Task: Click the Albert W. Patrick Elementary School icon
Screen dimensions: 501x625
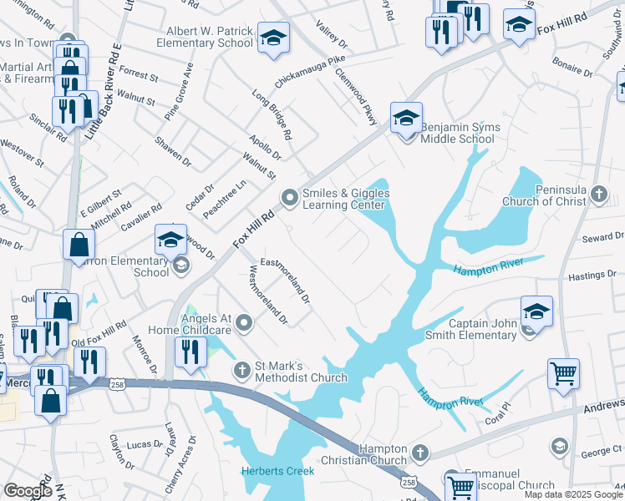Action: pos(272,38)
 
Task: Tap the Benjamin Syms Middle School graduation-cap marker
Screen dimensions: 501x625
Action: pos(406,118)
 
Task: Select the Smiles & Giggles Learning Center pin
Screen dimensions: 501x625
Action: pos(290,198)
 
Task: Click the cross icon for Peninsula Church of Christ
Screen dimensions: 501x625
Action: pos(598,195)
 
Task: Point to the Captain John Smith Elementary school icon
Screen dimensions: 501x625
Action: pos(536,312)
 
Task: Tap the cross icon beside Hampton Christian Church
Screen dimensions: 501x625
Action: pos(419,454)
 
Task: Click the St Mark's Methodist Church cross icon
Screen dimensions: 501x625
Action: pos(241,369)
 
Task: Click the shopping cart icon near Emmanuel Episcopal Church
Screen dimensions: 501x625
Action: pos(460,485)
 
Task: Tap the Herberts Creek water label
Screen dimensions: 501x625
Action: pos(277,471)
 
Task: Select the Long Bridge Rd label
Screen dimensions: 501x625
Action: pos(273,116)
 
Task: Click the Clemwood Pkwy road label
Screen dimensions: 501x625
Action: pos(357,99)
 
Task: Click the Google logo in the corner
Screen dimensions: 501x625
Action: pos(28,491)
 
